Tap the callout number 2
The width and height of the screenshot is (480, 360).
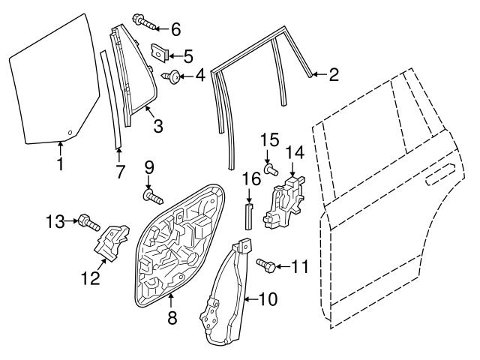(334, 73)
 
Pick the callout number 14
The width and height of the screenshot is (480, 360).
(295, 152)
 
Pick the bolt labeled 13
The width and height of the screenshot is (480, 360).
(88, 221)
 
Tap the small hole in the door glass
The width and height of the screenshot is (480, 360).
(70, 133)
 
